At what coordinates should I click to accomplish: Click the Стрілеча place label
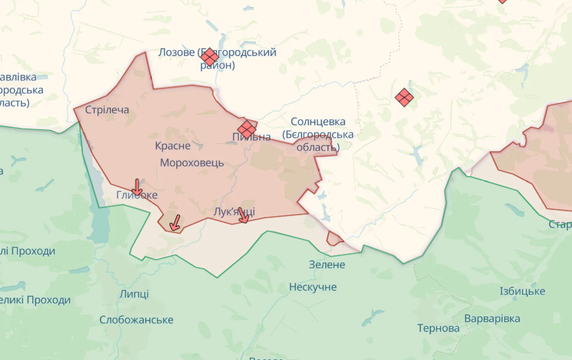[107, 110]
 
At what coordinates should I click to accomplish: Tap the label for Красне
[173, 146]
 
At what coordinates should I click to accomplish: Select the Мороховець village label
[192, 162]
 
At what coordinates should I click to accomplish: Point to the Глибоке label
[137, 195]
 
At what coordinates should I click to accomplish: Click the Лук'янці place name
[235, 211]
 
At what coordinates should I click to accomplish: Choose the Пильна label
[251, 137]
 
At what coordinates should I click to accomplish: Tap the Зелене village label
[327, 264]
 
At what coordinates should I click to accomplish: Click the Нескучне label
[313, 287]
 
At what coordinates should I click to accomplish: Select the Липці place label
[134, 294]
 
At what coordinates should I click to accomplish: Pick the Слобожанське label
[137, 320]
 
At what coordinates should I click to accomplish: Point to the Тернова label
[438, 328]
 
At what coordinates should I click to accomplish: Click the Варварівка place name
[492, 318]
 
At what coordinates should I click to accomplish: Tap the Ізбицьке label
[523, 291]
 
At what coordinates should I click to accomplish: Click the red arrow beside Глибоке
[137, 186]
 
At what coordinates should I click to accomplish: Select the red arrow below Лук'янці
[243, 216]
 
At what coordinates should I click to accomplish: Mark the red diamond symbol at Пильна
[247, 129]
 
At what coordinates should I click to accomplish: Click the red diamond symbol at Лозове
[210, 57]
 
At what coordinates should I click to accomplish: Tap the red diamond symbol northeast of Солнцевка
[404, 98]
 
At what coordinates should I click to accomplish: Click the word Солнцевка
[318, 122]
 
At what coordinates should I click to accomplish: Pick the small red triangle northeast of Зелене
[334, 239]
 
